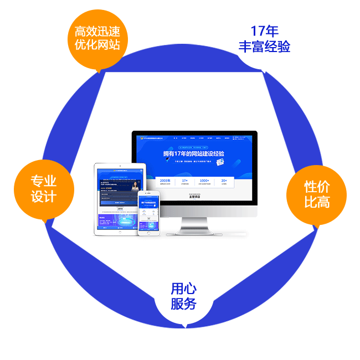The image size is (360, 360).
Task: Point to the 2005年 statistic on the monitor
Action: (x=165, y=181)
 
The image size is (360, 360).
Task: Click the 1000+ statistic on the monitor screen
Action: (x=204, y=181)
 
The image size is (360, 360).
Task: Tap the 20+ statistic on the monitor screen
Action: (x=224, y=181)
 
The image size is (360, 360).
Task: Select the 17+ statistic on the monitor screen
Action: (x=184, y=181)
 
